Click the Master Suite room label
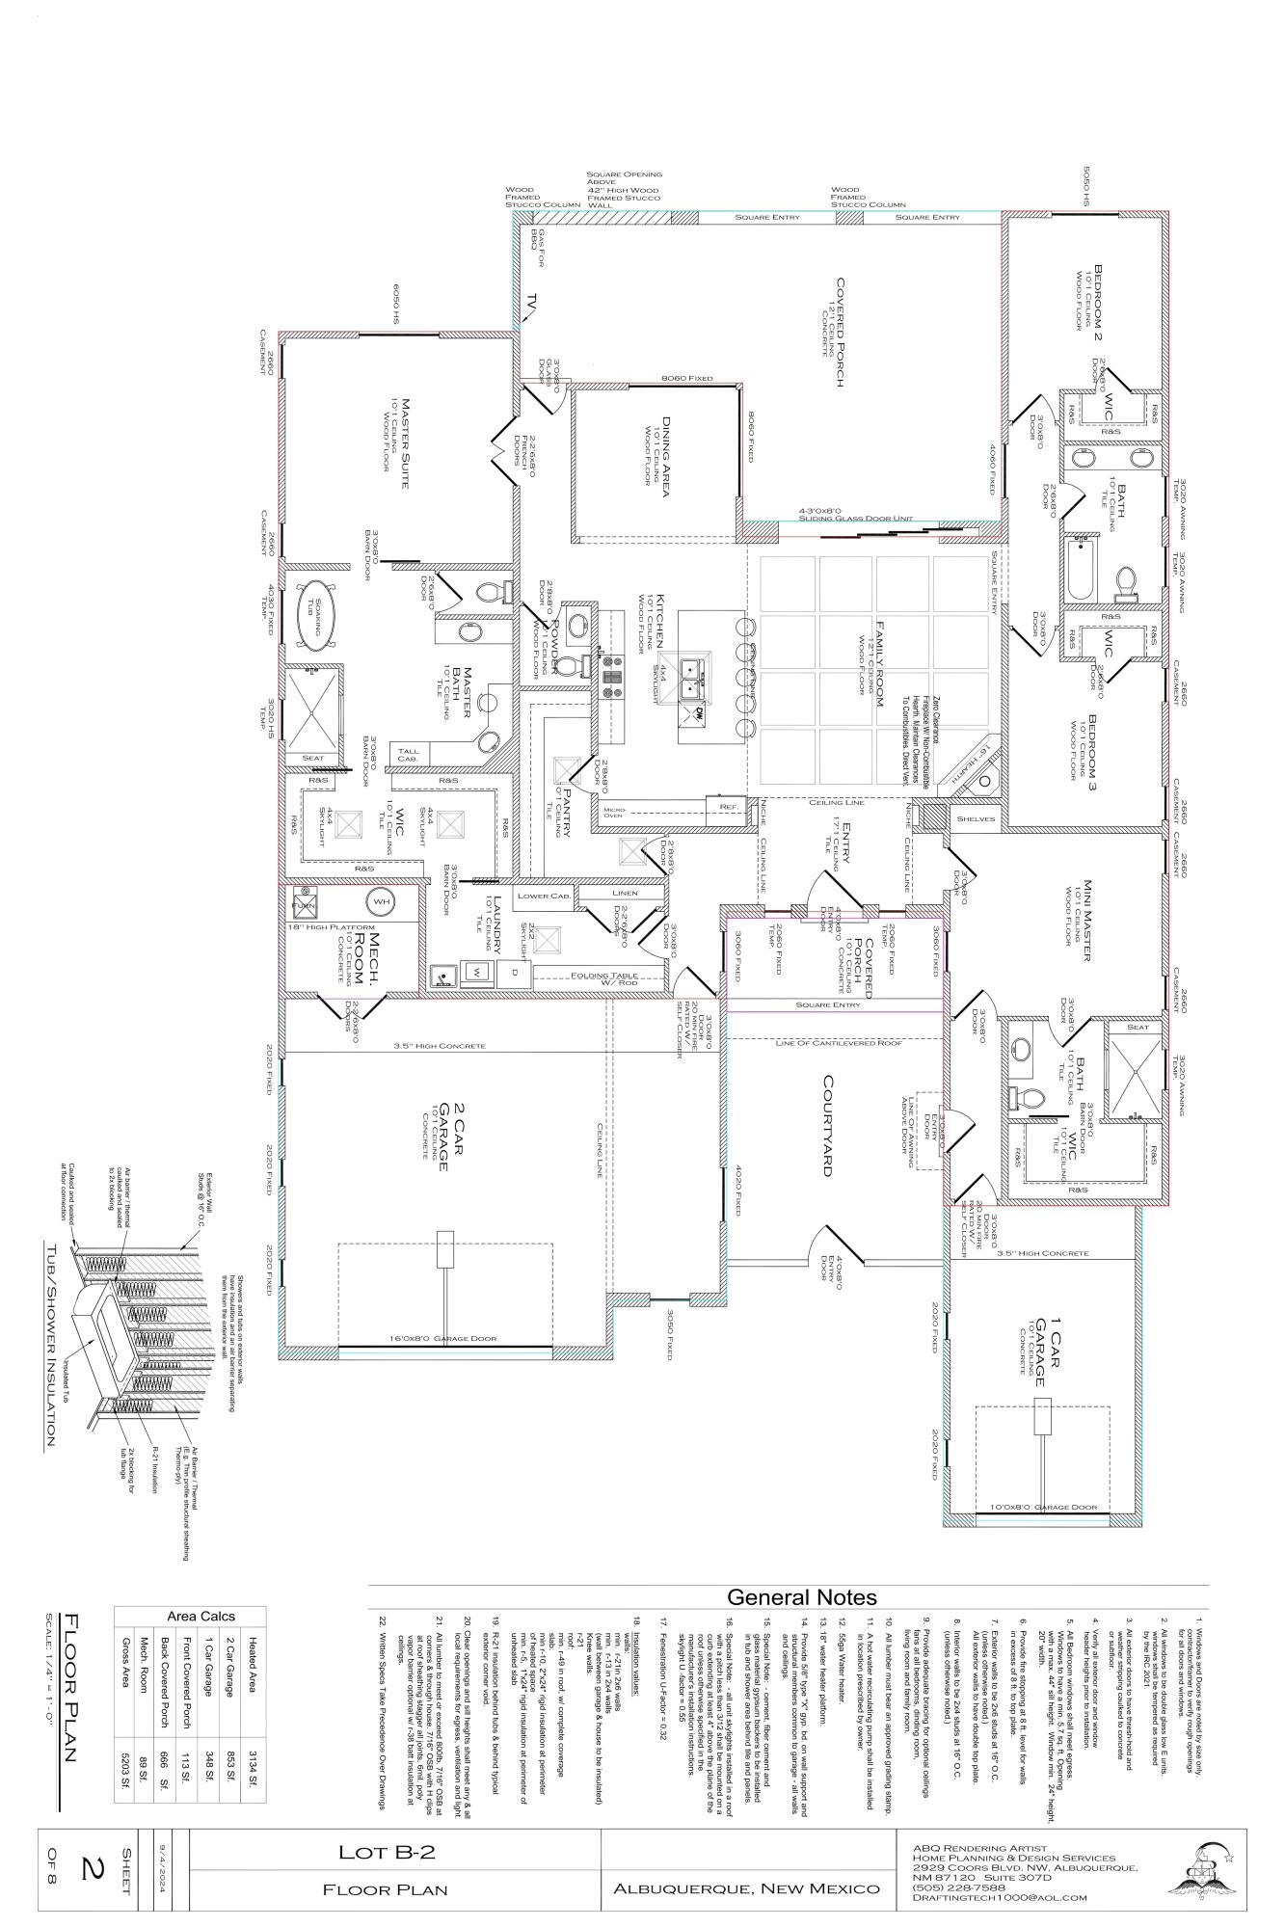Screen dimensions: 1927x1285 click(406, 443)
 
